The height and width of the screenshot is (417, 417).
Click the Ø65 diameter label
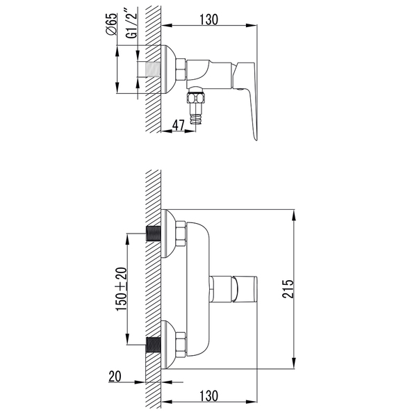pyautogui.click(x=111, y=24)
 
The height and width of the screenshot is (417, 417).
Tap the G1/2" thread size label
pyautogui.click(x=131, y=24)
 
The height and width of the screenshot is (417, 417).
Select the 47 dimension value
pyautogui.click(x=178, y=124)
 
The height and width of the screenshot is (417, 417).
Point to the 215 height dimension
pyautogui.click(x=288, y=288)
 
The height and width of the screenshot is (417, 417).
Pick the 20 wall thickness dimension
pyautogui.click(x=115, y=376)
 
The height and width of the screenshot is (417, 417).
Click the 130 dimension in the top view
pyautogui.click(x=208, y=19)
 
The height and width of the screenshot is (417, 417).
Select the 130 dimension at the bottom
pyautogui.click(x=209, y=395)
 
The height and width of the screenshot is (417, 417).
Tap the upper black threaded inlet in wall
pyautogui.click(x=154, y=234)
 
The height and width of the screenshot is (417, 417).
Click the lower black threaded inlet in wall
pyautogui.click(x=154, y=345)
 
